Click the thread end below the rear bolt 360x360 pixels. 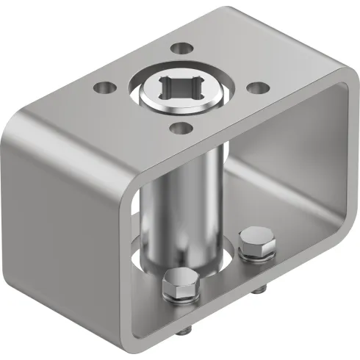[x=258, y=289]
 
